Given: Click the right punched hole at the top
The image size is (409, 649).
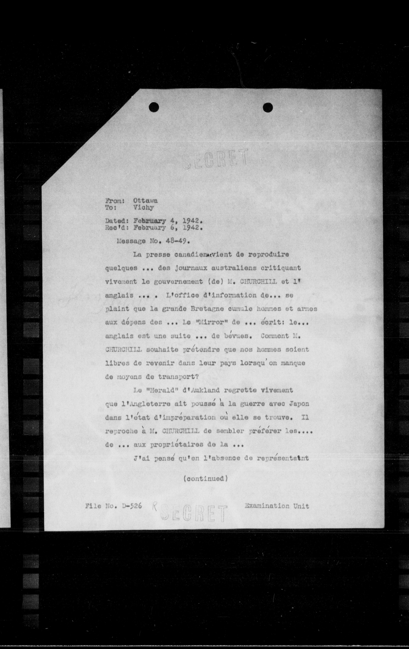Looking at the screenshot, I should point(268,107).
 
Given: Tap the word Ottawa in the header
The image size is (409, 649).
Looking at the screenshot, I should point(145,201).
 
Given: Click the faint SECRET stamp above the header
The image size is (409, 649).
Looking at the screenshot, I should point(215,158).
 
